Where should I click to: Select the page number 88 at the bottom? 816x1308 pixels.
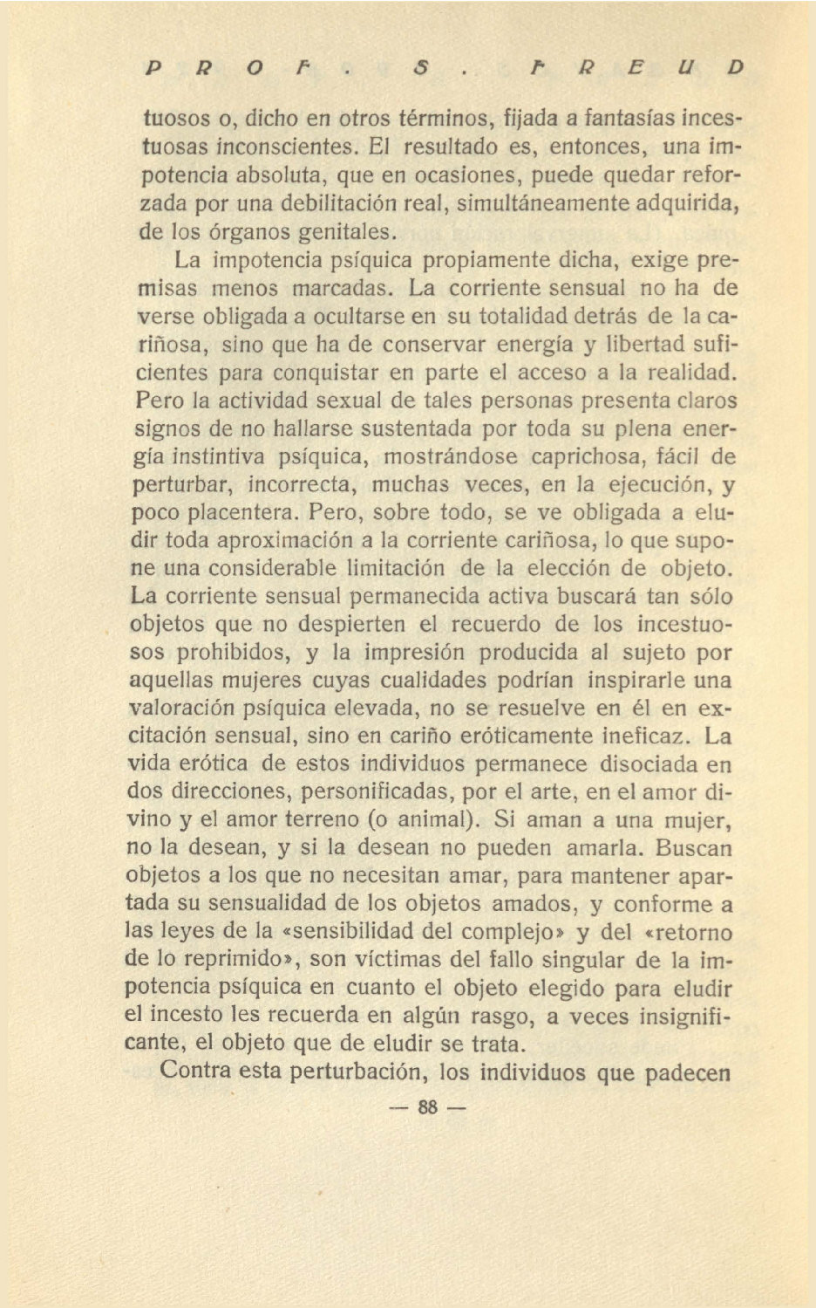click(x=426, y=1107)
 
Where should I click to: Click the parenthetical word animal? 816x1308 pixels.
click(x=424, y=820)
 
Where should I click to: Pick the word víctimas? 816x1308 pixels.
click(x=395, y=961)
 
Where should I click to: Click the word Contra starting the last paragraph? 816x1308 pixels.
click(x=195, y=1072)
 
